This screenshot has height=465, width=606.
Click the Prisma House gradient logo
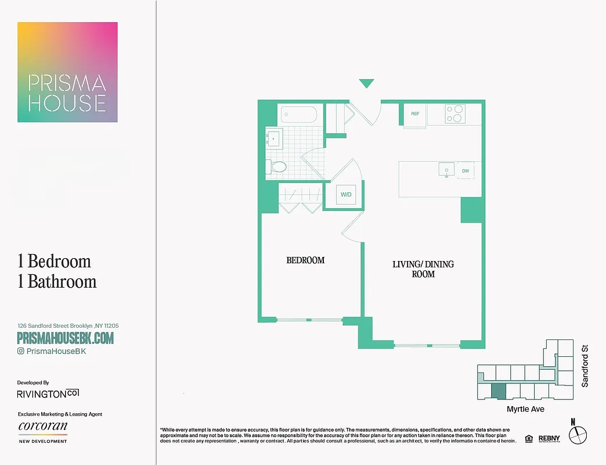[x=67, y=72]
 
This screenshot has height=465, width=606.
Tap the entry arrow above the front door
[x=366, y=84]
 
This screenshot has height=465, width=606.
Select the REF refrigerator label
[x=415, y=114]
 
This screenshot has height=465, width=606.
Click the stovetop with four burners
[x=454, y=114]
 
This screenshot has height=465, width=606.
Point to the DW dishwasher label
[x=466, y=171]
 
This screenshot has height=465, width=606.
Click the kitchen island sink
[x=446, y=170]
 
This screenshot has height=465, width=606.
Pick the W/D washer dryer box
[x=346, y=195]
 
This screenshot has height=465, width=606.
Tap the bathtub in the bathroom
[x=299, y=114]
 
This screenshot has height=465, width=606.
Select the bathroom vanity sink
[x=273, y=139]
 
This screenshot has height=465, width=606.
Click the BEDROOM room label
[x=305, y=260]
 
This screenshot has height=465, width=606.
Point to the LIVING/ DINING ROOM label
[x=423, y=269]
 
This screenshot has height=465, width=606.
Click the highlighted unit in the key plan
[x=499, y=391]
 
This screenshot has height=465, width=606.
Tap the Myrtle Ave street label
[x=525, y=409]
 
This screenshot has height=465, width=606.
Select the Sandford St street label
[x=585, y=366]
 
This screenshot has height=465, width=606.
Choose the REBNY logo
[x=549, y=438]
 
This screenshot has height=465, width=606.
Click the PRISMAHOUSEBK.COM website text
[x=66, y=338]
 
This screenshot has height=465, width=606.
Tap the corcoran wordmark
[x=42, y=426]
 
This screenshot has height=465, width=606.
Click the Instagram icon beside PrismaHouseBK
[x=21, y=351]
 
